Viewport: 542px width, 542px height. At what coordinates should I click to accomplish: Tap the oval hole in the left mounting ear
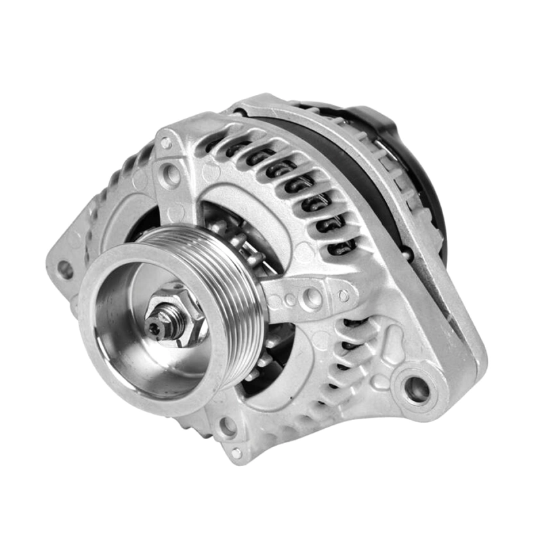click(x=66, y=270)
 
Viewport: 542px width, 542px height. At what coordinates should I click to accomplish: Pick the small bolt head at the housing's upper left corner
click(x=165, y=144)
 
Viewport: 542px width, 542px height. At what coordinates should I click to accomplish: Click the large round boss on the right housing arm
click(x=312, y=297)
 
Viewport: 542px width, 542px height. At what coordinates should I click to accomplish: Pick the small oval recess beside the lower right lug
click(x=381, y=381)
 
